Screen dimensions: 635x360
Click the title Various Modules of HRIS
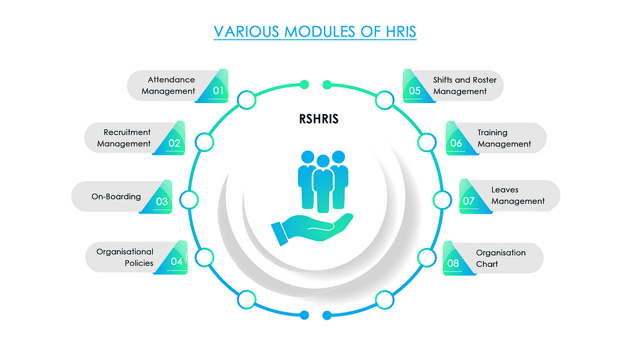(315, 32)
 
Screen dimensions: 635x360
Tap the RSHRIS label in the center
(318, 119)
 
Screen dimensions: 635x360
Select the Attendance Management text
(168, 86)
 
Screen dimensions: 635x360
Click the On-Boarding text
(116, 196)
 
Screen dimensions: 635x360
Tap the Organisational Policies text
(125, 257)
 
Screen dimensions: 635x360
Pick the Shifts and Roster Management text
(465, 86)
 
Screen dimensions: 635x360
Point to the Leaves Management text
(518, 195)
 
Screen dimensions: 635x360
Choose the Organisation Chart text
(501, 258)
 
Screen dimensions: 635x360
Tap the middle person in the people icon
(323, 184)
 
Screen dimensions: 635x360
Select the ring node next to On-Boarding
(189, 200)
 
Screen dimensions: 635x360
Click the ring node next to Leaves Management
(442, 200)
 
